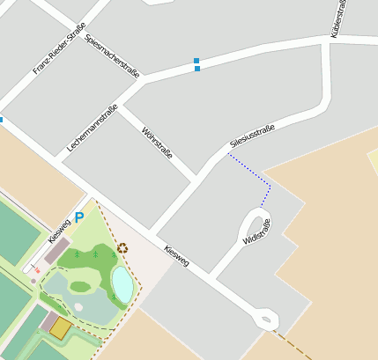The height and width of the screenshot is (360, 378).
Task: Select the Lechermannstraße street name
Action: [x=93, y=129]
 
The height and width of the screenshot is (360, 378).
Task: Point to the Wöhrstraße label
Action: [x=157, y=141]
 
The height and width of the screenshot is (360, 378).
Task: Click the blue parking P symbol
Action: [x=79, y=217]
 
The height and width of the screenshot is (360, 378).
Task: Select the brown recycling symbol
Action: [x=122, y=248]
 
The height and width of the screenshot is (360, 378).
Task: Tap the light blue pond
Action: [x=122, y=283]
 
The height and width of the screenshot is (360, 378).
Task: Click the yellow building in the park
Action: [x=60, y=327]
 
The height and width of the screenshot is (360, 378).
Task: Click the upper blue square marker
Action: [x=196, y=61]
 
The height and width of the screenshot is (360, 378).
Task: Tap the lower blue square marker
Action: [x=196, y=69]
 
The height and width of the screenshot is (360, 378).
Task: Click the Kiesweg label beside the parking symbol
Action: [x=59, y=231]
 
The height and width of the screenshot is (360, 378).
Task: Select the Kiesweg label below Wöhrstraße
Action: [x=176, y=256]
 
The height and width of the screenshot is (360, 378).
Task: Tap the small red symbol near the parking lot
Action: [x=37, y=269]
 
